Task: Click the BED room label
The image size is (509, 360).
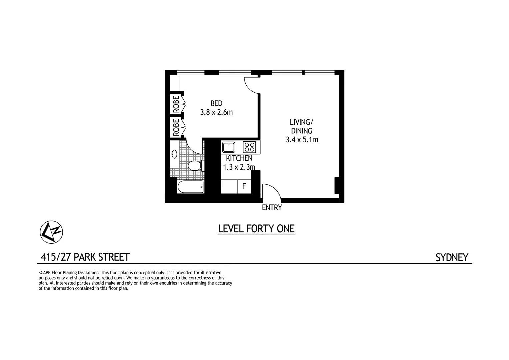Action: [216, 104]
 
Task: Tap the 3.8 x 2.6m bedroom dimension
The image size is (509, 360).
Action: [216, 112]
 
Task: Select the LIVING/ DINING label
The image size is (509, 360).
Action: [301, 127]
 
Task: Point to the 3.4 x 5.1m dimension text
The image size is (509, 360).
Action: [302, 140]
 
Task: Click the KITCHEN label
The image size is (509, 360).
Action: [239, 158]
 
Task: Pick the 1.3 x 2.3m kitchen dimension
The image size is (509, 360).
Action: [239, 167]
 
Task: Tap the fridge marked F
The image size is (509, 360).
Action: [244, 186]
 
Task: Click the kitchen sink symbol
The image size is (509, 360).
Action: [229, 147]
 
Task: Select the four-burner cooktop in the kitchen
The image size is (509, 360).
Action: [249, 147]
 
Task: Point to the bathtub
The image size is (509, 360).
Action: [190, 187]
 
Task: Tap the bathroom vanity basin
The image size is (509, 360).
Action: [174, 154]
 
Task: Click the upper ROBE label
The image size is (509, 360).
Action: [176, 104]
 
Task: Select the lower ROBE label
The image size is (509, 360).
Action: [176, 127]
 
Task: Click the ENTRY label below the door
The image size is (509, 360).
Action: [272, 208]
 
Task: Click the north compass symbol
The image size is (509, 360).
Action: [51, 232]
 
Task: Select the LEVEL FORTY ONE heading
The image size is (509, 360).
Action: [256, 229]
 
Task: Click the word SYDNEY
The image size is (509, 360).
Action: [452, 258]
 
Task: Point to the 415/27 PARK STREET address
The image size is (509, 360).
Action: [85, 257]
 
